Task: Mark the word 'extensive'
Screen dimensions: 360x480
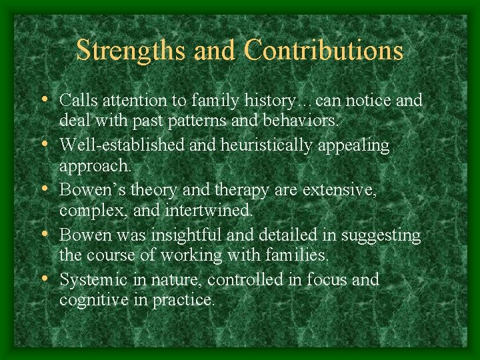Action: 339,191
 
